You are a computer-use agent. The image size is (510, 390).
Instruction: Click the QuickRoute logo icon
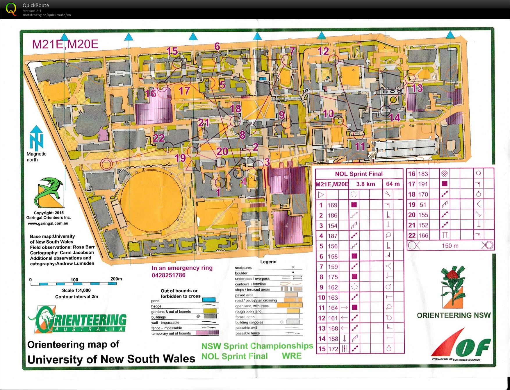click(11, 9)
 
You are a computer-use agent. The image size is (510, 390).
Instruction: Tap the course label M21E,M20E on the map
click(65, 44)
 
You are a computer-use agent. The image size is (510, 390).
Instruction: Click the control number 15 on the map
click(172, 51)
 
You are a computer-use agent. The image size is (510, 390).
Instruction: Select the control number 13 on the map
click(417, 88)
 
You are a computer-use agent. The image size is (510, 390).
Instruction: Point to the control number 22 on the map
click(158, 138)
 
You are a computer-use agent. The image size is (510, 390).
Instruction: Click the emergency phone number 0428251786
click(168, 275)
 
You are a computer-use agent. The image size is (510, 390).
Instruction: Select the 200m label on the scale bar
click(116, 279)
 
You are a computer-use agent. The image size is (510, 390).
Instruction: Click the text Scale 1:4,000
click(76, 290)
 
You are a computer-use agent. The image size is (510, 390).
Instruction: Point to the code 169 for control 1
click(332, 205)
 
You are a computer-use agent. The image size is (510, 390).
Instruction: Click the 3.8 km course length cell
click(365, 184)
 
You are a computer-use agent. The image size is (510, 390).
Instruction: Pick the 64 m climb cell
click(393, 184)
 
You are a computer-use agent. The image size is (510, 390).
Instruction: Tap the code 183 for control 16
click(423, 174)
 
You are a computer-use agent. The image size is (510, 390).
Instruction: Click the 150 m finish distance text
click(450, 246)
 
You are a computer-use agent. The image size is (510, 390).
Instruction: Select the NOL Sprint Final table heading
click(359, 174)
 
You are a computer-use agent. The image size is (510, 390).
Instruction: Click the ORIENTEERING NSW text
click(454, 315)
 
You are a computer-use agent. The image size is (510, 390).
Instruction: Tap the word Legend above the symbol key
click(268, 262)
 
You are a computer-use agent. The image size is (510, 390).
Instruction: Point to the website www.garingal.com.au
click(48, 223)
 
